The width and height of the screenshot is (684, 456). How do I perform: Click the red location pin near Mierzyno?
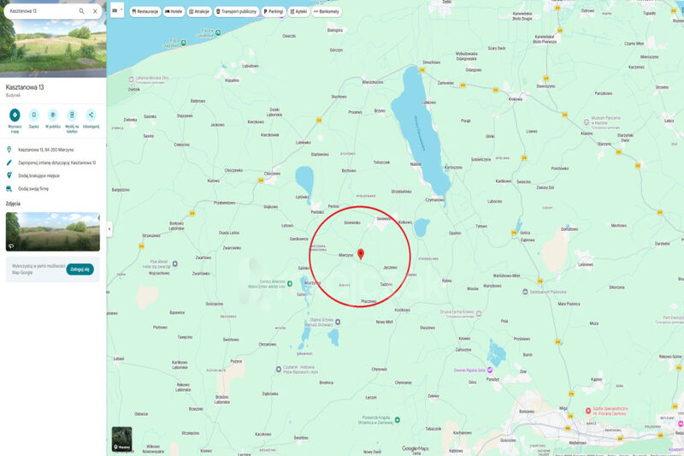[361, 253]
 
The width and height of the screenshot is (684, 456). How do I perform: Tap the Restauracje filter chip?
[145, 12]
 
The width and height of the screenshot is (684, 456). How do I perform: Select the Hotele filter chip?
[174, 12]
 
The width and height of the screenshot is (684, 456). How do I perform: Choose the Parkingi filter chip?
[274, 12]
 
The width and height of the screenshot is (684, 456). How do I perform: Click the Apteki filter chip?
[298, 12]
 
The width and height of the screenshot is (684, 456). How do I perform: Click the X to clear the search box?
[95, 11]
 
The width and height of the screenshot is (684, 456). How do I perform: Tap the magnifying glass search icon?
[81, 11]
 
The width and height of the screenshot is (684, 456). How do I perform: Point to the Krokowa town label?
[515, 98]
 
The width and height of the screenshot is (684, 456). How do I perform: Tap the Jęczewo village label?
[390, 268]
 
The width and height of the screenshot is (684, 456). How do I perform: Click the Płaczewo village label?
[369, 301]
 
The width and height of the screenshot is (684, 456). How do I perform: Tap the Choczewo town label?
[233, 170]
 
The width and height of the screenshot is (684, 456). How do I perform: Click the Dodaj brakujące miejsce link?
[38, 175]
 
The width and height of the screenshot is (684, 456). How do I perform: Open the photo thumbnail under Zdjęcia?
[52, 231]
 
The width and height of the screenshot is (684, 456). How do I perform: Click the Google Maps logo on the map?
[416, 448]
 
